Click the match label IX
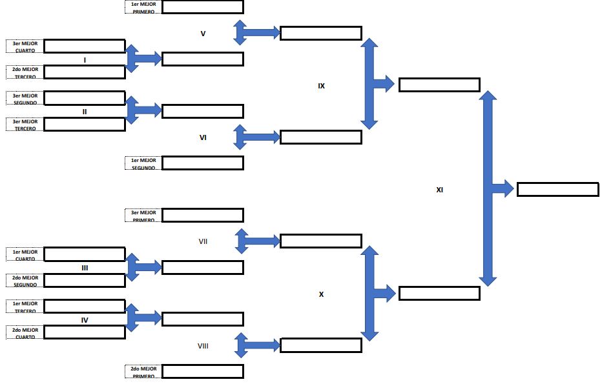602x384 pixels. pyautogui.click(x=321, y=86)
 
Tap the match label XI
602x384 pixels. pyautogui.click(x=439, y=190)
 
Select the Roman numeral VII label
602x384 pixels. pyautogui.click(x=203, y=241)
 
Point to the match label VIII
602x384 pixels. pyautogui.click(x=203, y=346)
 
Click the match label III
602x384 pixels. pyautogui.click(x=85, y=267)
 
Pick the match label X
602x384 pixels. pyautogui.click(x=321, y=294)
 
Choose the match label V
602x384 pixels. pyautogui.click(x=203, y=33)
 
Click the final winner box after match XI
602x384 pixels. pyautogui.click(x=557, y=190)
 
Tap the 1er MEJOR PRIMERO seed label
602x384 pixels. pyautogui.click(x=143, y=7)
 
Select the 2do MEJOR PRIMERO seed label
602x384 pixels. pyautogui.click(x=143, y=371)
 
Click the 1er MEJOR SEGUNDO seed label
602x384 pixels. pyautogui.click(x=143, y=163)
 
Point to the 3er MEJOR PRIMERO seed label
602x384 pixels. pyautogui.click(x=143, y=216)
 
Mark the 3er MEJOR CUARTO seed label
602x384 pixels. pyautogui.click(x=25, y=46)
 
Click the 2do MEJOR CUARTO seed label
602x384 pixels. pyautogui.click(x=25, y=332)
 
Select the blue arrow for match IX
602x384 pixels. pyautogui.click(x=374, y=84)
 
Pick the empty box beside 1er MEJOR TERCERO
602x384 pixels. pyautogui.click(x=84, y=306)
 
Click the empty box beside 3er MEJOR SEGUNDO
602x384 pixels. pyautogui.click(x=84, y=98)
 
